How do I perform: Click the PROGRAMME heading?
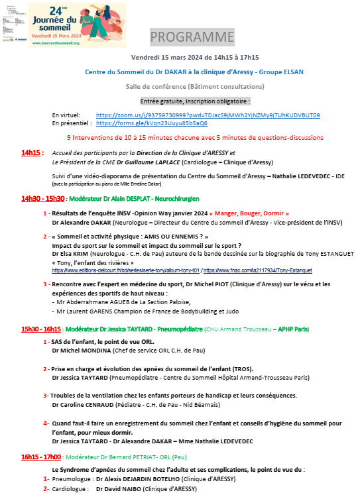[x=192, y=36]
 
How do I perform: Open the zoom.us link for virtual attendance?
[x=208, y=115]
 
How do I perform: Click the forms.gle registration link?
[x=151, y=123]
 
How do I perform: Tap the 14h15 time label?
[x=32, y=152]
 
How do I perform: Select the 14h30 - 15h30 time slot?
[x=43, y=198]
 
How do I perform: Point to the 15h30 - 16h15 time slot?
[x=42, y=329]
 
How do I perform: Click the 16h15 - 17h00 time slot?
[x=42, y=457]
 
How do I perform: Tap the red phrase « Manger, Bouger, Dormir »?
[x=249, y=213]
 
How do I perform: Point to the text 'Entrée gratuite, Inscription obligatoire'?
[x=195, y=101]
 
